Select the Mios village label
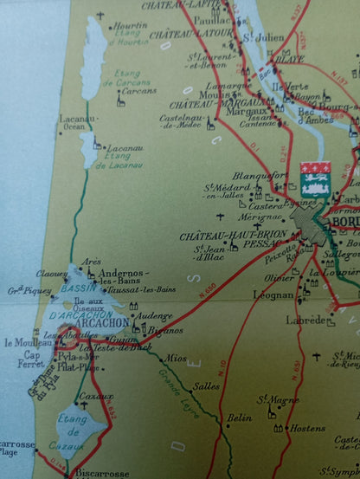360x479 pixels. [177, 357]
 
